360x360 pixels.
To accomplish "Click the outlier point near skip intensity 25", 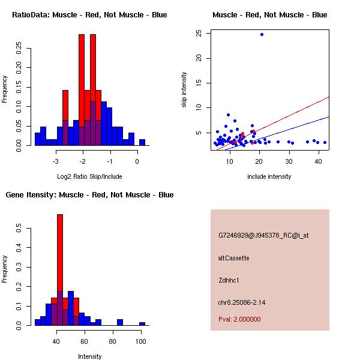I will (x=262, y=34).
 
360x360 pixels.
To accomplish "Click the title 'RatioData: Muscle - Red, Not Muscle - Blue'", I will (x=89, y=14).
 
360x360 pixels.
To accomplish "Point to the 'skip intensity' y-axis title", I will (x=184, y=90).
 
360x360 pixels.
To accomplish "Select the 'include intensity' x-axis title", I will (x=269, y=176).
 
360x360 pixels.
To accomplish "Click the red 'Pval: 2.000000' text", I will (x=239, y=319).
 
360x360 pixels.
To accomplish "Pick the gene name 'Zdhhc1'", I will (x=229, y=280).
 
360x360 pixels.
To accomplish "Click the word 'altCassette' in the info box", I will (x=233, y=258).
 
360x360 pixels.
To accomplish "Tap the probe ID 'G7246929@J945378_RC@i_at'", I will (x=263, y=236).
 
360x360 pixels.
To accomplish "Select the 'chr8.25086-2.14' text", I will (x=241, y=302).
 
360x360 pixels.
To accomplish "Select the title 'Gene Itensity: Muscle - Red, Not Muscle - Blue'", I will (x=89, y=195).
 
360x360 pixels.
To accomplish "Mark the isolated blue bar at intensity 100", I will (x=142, y=323).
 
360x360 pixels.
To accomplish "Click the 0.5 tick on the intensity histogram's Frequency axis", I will (x=20, y=229).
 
